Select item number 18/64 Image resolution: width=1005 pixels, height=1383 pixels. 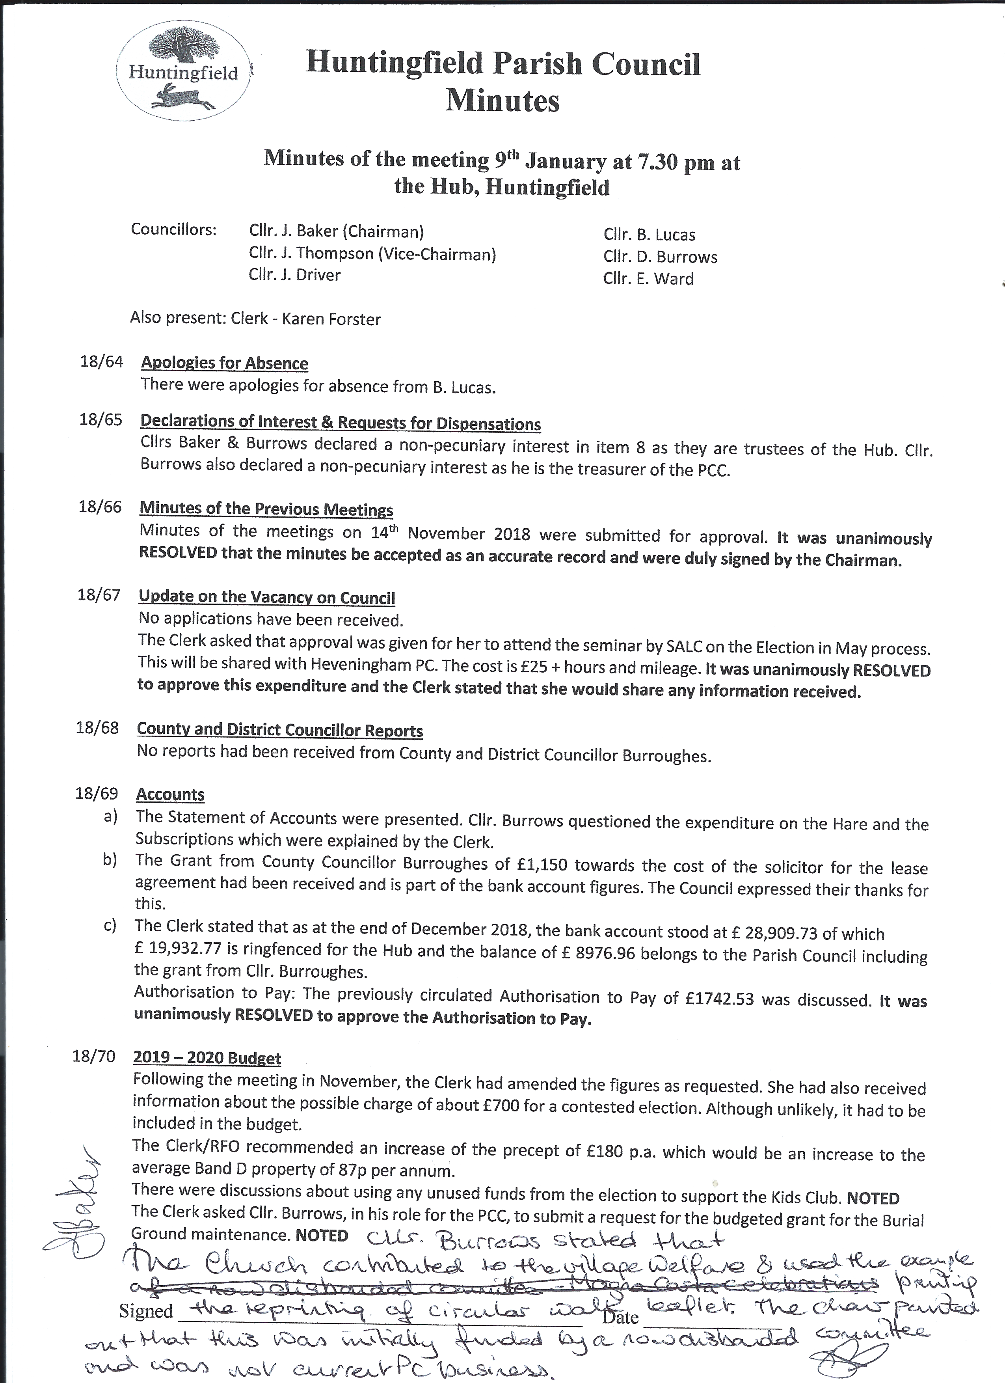(101, 362)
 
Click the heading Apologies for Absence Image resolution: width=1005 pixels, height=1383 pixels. (224, 363)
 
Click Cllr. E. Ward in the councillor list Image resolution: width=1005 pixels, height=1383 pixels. (648, 279)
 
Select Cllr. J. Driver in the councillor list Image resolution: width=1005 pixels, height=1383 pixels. (294, 275)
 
